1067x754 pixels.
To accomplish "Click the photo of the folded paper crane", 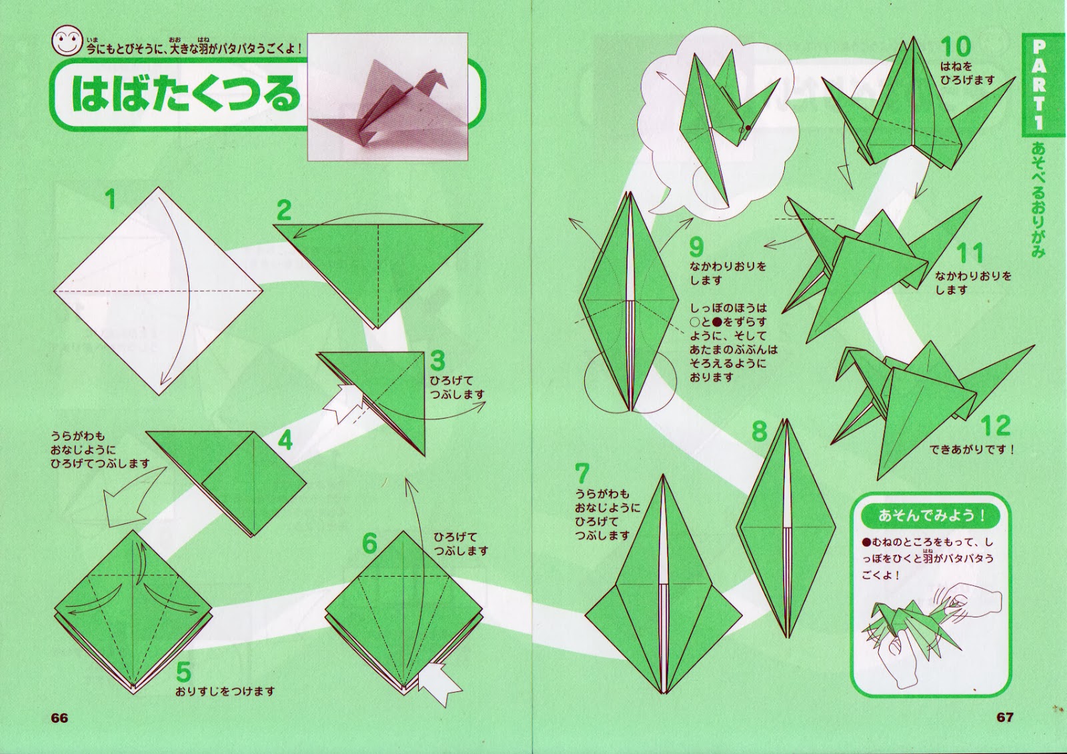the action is tap(387, 97).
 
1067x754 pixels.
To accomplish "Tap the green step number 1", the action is tap(111, 199).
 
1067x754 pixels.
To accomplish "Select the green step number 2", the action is tap(284, 210).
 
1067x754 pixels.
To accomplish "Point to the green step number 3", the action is tap(437, 361).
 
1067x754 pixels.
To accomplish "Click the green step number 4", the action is tap(285, 441).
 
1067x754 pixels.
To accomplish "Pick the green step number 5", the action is tap(183, 671).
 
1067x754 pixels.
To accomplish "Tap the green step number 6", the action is tap(369, 543).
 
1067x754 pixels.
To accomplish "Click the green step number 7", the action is tap(582, 473).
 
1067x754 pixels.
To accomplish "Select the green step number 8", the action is tap(760, 431).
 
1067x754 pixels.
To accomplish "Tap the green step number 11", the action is tap(970, 253).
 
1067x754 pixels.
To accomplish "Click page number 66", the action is tap(59, 718).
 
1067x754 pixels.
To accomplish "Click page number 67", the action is tap(1005, 717).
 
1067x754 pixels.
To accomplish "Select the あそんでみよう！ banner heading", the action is tap(931, 515).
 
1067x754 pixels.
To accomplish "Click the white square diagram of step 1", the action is tap(158, 291).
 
